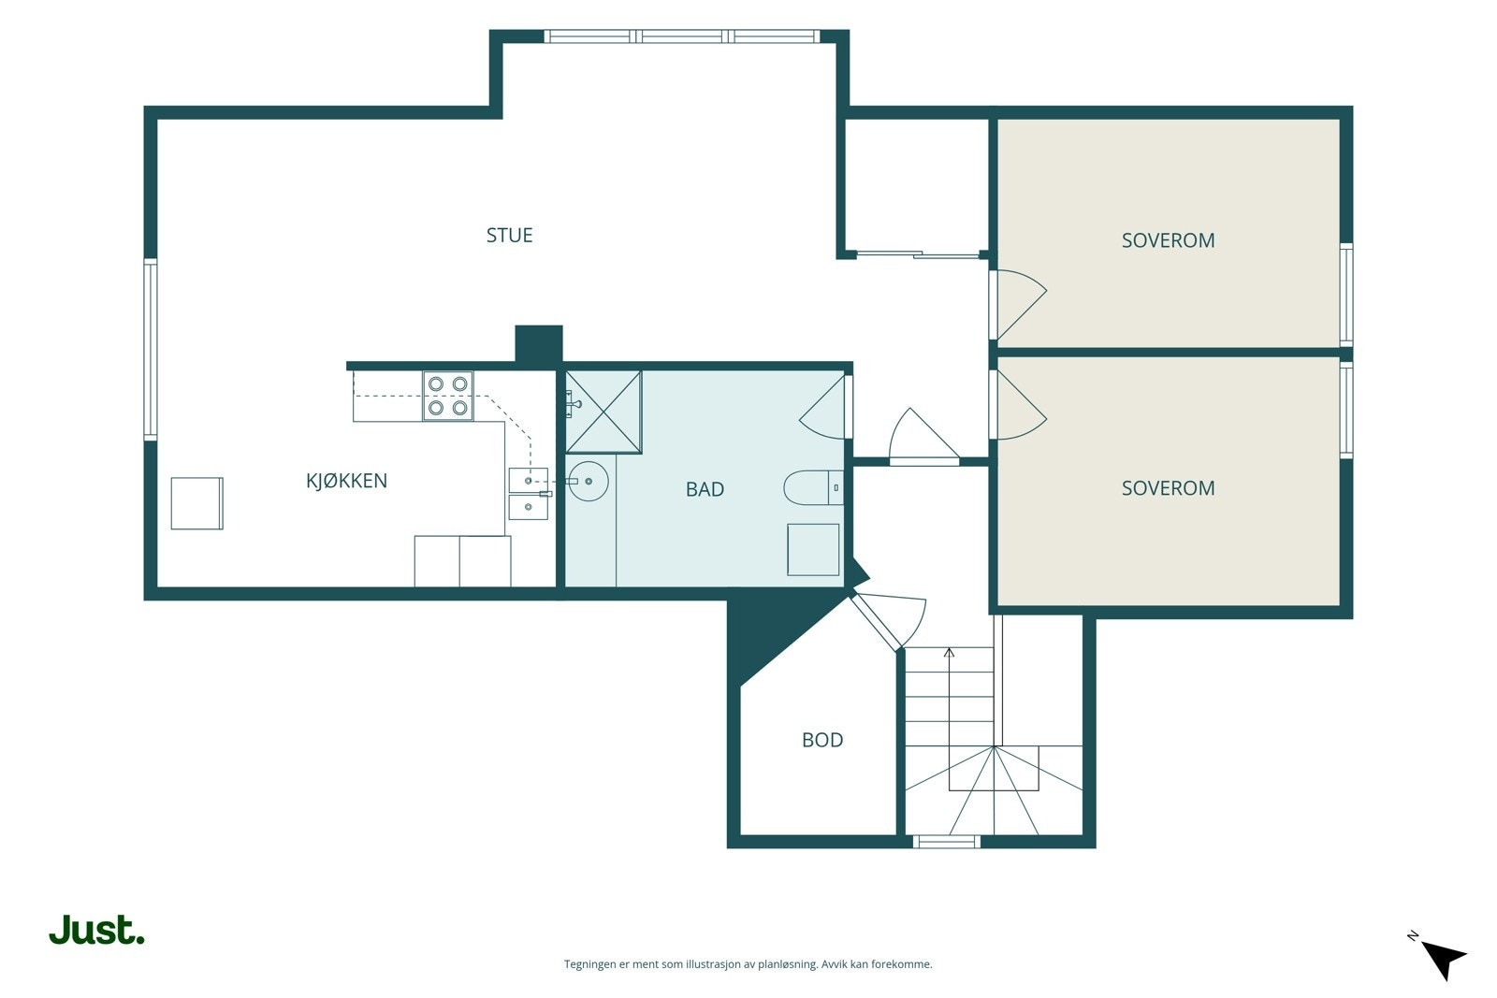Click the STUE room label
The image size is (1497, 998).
pos(509,235)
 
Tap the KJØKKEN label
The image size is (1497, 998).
pos(346,481)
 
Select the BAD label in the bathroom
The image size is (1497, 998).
pos(705,489)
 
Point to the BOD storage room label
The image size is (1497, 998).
pos(822,740)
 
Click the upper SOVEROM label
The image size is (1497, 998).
pos(1168,239)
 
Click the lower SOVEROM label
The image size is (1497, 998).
pos(1168,487)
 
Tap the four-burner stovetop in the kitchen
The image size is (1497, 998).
pos(448,396)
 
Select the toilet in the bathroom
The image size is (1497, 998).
pos(813,487)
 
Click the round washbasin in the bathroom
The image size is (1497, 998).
pos(589,481)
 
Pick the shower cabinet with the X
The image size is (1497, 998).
pos(603,412)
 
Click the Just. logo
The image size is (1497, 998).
pos(97,930)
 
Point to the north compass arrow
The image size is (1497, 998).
pos(1444,960)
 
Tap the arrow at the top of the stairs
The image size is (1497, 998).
pos(949,652)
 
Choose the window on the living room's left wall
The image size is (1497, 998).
pos(151,350)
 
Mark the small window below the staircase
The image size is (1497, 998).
pos(946,842)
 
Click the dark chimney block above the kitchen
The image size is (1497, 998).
pos(539,346)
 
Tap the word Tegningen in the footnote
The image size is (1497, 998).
pos(590,964)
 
